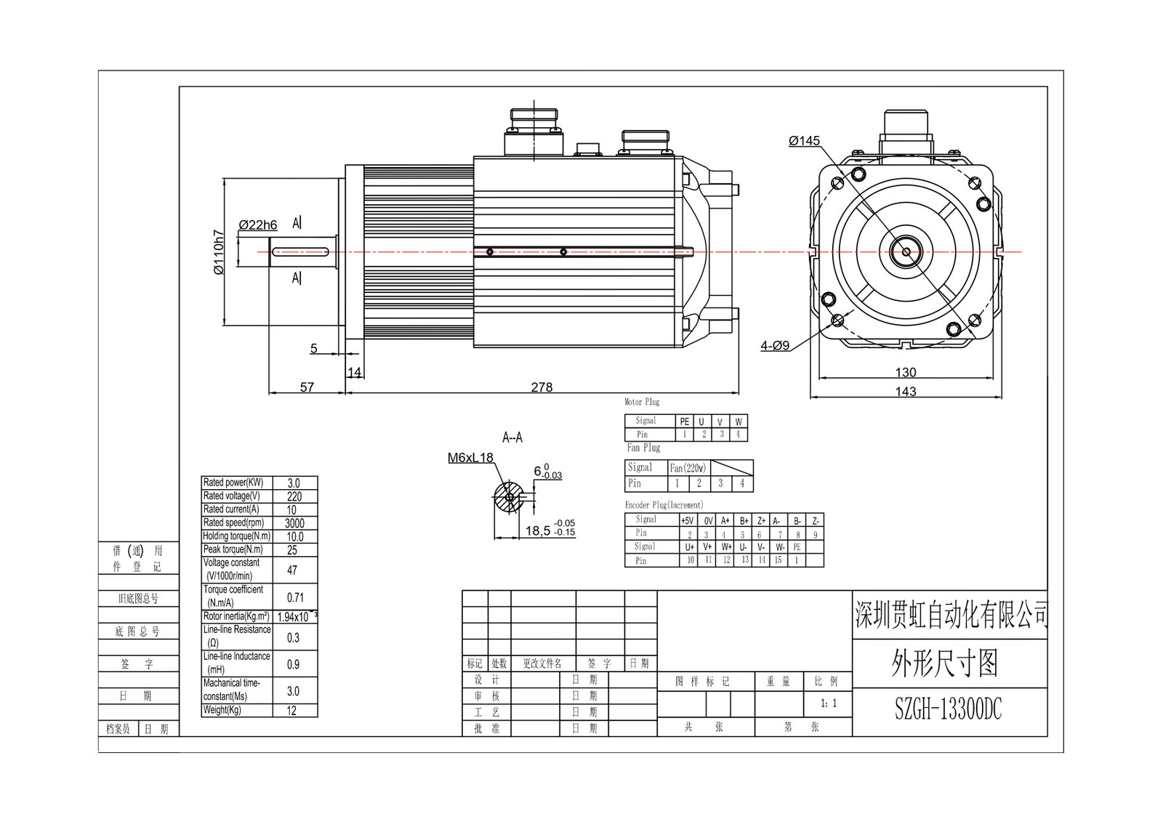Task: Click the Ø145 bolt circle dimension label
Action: (804, 141)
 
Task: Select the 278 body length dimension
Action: (542, 387)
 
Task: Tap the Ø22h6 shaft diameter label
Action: (258, 225)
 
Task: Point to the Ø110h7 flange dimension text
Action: (219, 252)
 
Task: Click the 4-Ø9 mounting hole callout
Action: (775, 346)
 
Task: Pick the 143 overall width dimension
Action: (905, 391)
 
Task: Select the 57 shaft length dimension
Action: (307, 387)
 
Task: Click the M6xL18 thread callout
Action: (470, 458)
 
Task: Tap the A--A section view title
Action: (512, 438)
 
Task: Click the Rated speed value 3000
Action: (294, 523)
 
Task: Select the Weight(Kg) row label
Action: (222, 710)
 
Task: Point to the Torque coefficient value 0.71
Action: (295, 597)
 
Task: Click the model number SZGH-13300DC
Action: (948, 711)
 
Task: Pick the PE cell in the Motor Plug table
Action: (684, 422)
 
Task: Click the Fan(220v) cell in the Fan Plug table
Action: (688, 468)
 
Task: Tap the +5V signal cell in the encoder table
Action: (688, 520)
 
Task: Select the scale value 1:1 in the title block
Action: (829, 704)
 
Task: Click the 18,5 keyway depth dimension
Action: (538, 531)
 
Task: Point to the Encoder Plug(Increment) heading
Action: (664, 504)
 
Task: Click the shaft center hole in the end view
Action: (906, 252)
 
